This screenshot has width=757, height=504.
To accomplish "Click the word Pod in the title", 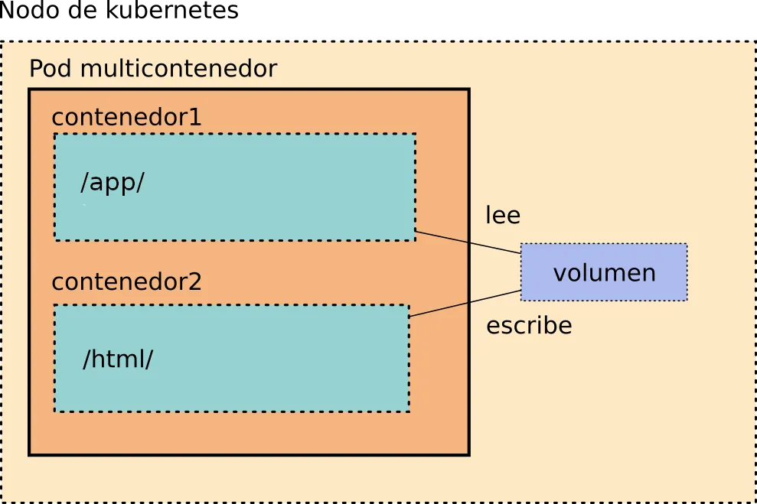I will pyautogui.click(x=51, y=69).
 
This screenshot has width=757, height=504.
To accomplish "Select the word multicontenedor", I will pyautogui.click(x=178, y=69).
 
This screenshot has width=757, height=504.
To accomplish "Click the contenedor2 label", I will pyautogui.click(x=126, y=282).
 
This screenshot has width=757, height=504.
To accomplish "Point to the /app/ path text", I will pyautogui.click(x=113, y=184).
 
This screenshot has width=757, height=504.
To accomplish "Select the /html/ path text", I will pyautogui.click(x=118, y=359).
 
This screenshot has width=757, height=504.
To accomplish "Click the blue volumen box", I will pyautogui.click(x=604, y=272).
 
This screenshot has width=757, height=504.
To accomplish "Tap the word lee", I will pyautogui.click(x=503, y=216).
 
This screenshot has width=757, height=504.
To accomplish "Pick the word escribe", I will pyautogui.click(x=529, y=326).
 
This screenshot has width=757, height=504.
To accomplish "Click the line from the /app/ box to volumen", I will pyautogui.click(x=468, y=242).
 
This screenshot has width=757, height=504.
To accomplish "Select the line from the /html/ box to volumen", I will pyautogui.click(x=465, y=304).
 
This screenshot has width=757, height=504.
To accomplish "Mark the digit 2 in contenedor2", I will pyautogui.click(x=194, y=282).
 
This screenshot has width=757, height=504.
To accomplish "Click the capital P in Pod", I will pyautogui.click(x=36, y=69).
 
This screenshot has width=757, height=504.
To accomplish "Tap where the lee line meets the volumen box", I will pyautogui.click(x=521, y=253).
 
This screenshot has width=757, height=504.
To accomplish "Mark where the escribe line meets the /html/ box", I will pyautogui.click(x=409, y=317).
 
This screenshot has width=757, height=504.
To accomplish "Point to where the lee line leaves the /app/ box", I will pyautogui.click(x=416, y=231).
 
